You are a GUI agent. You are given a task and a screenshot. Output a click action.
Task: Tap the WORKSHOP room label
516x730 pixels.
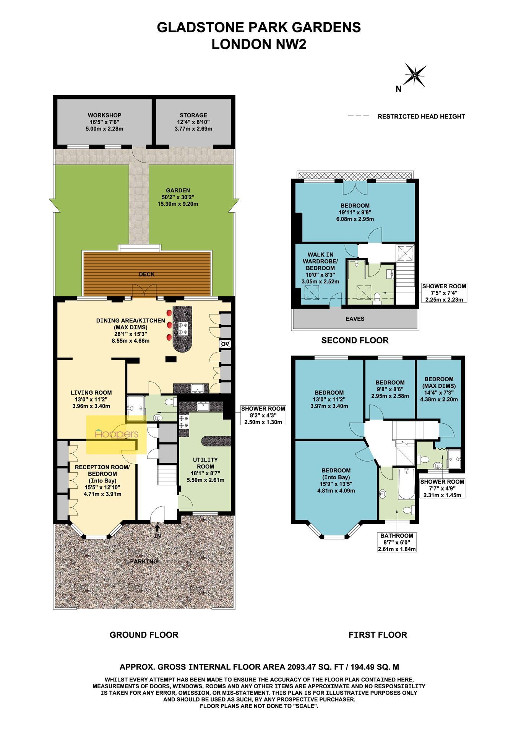(x=104, y=115)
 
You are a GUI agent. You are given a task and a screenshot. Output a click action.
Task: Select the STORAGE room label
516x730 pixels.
(x=193, y=115)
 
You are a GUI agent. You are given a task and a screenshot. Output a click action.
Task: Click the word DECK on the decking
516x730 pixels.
(x=147, y=274)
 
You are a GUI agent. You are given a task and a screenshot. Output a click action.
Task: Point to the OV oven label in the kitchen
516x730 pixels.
(x=225, y=344)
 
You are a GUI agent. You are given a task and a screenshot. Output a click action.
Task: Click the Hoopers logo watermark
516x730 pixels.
(x=116, y=434)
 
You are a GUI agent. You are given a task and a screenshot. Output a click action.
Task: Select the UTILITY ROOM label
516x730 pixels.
(x=205, y=463)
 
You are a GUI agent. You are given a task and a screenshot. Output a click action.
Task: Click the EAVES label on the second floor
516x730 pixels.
(x=355, y=319)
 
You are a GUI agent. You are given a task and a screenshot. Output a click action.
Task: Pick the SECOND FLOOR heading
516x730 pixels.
(x=355, y=340)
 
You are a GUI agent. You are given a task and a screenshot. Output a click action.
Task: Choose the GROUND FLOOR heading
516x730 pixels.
(x=144, y=635)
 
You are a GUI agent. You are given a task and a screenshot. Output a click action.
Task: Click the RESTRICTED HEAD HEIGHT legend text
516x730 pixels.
(x=421, y=117)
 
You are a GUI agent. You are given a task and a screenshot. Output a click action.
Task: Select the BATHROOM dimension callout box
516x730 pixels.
(x=397, y=542)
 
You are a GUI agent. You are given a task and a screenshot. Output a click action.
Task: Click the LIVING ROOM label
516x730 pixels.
(x=91, y=392)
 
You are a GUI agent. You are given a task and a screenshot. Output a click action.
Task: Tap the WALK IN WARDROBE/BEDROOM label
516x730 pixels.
(x=320, y=261)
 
